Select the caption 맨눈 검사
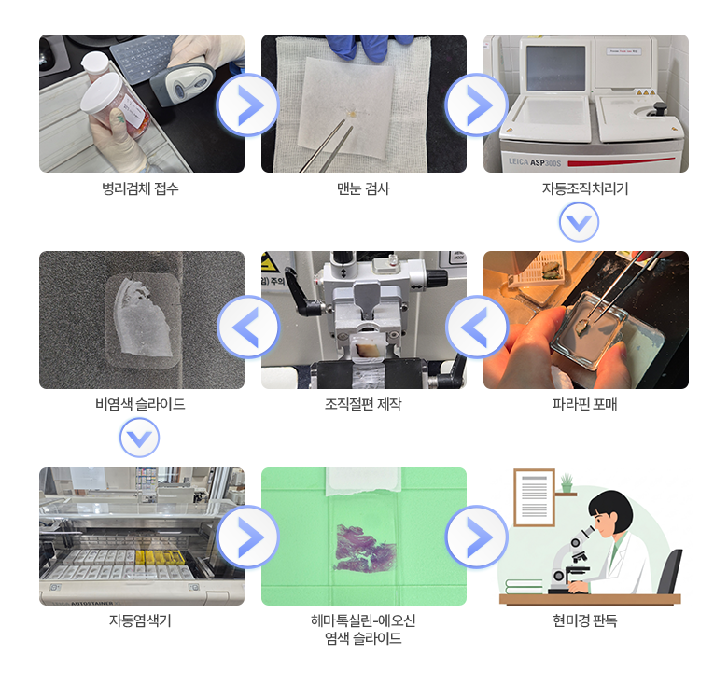tap(363, 188)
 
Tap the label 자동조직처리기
tap(585, 188)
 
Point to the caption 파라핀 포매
tap(585, 405)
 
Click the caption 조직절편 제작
tap(363, 405)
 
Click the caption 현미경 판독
tap(585, 620)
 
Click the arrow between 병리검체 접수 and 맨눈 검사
tap(247, 105)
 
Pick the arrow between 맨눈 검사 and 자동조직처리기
tap(476, 105)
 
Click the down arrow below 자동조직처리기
tap(579, 223)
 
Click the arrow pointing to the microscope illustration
tap(476, 537)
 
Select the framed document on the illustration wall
tap(534, 496)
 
